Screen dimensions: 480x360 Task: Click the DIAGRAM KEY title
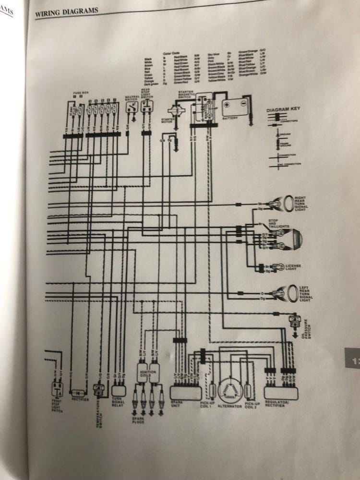tap(284, 110)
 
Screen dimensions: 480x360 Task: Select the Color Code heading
tap(170, 53)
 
